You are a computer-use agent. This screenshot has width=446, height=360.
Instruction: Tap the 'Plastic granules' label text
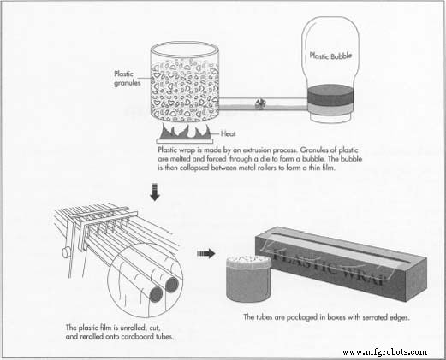click(x=122, y=78)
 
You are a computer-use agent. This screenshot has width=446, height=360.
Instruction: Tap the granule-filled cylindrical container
click(x=184, y=86)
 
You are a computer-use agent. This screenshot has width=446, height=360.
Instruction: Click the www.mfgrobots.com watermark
click(x=384, y=351)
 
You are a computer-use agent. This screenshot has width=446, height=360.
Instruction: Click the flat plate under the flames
click(x=183, y=141)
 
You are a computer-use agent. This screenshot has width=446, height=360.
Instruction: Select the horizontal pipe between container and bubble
click(x=260, y=104)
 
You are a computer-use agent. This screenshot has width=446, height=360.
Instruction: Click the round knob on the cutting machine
click(x=65, y=254)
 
